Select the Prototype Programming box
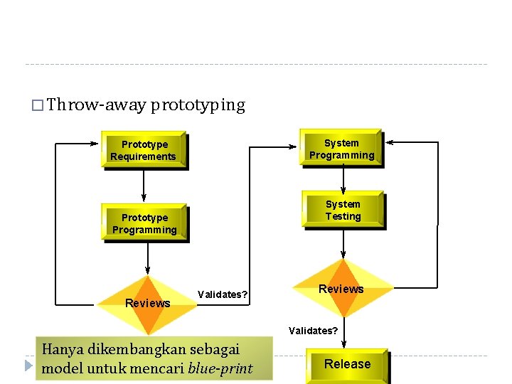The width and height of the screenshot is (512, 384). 144,223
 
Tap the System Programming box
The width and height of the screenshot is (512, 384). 341,149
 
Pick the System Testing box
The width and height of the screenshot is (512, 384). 343,210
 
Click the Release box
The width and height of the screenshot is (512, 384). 347,364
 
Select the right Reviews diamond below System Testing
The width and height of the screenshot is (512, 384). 342,289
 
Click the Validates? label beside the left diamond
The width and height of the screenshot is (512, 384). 223,294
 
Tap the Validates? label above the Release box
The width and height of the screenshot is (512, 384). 313,331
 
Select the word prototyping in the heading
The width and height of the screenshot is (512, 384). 198,105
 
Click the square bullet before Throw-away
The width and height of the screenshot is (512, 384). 38,107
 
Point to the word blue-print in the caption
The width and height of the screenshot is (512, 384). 220,368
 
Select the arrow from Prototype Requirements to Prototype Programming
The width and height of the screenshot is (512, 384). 144,186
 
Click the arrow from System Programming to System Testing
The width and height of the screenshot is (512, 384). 343,178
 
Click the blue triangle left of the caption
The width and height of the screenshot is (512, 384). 28,366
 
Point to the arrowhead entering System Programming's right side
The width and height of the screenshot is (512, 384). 390,143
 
